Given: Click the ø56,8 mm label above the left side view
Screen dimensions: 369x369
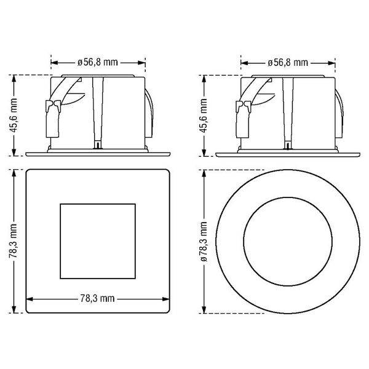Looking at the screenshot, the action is click(97, 62).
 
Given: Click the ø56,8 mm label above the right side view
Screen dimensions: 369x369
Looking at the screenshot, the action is click(288, 63).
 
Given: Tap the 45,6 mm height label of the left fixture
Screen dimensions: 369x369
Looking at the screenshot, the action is click(14, 115).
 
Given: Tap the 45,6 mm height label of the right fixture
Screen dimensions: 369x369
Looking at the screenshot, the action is click(204, 116).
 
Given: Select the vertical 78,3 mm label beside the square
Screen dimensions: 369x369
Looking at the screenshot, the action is click(14, 240).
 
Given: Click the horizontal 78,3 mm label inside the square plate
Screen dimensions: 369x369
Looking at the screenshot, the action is click(97, 298).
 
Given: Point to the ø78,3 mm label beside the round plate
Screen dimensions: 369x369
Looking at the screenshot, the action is click(204, 242).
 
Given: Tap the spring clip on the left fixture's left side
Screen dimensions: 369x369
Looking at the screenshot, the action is click(53, 119).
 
